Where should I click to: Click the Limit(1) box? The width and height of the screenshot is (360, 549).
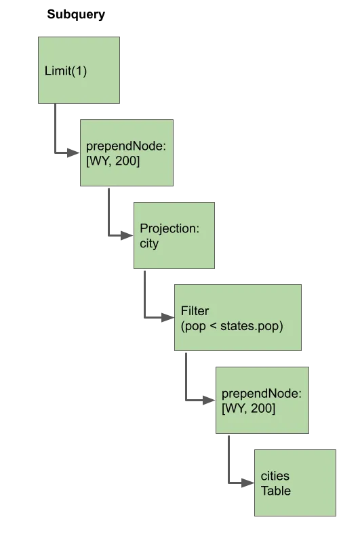(x=80, y=71)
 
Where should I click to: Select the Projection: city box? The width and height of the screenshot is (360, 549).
(x=174, y=235)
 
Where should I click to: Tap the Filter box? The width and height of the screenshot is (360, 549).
(x=237, y=317)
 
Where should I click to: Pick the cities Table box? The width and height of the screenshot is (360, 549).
(x=293, y=483)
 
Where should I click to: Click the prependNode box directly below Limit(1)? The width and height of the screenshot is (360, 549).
(x=126, y=153)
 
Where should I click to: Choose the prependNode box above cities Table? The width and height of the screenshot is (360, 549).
(x=260, y=399)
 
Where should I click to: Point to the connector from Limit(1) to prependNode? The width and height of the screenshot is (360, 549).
(x=58, y=136)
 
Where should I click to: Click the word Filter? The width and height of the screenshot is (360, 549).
(x=195, y=311)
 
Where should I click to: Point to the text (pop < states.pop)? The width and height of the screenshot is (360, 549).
(x=231, y=327)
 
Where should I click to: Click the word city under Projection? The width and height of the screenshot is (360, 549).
(x=148, y=243)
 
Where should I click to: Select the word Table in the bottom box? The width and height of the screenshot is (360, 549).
(x=276, y=491)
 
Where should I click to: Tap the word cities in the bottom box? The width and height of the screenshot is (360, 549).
(x=275, y=476)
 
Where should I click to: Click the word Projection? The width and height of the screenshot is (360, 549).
(x=169, y=228)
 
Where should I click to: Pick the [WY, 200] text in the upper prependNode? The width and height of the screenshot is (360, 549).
(x=113, y=161)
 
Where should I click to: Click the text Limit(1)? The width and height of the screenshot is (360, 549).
(x=66, y=71)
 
